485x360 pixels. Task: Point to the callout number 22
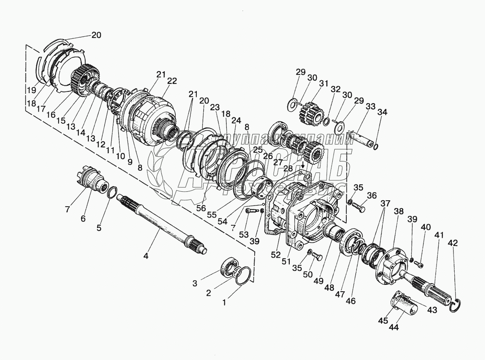click(172, 81)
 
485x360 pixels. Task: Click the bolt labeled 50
click(317, 257)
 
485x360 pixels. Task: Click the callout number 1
click(226, 301)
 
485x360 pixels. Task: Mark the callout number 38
click(399, 212)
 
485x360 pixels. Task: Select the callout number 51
click(287, 261)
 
